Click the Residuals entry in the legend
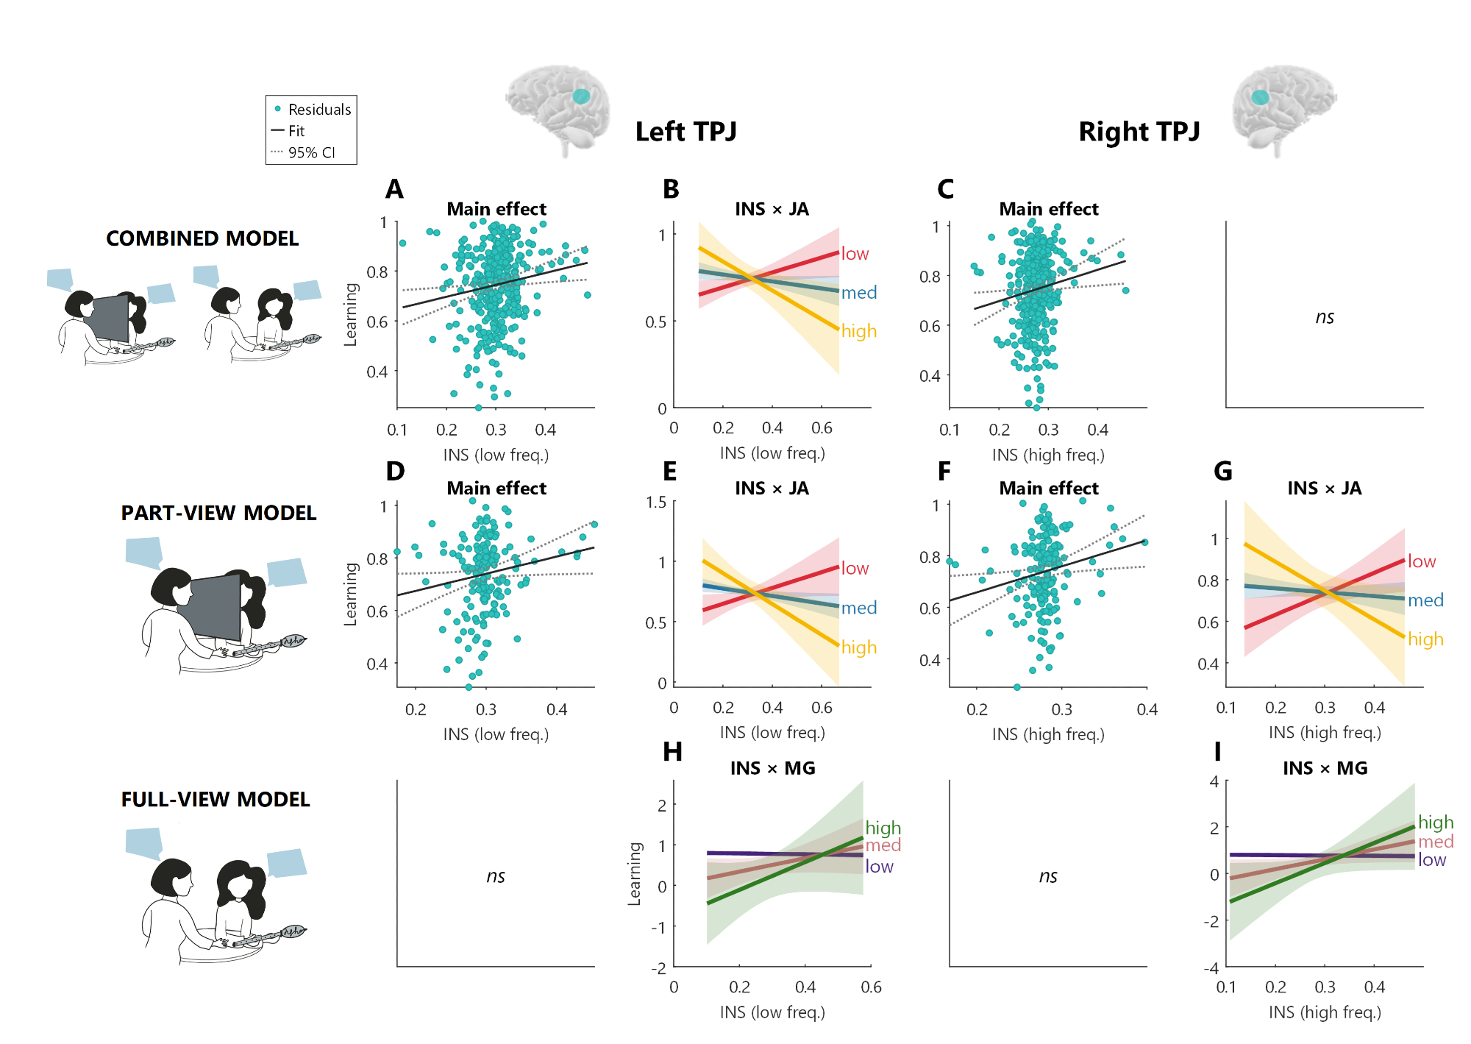pyautogui.click(x=318, y=110)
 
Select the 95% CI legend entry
pyautogui.click(x=310, y=153)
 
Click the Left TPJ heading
pyautogui.click(x=685, y=132)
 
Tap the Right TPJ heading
pyautogui.click(x=1139, y=132)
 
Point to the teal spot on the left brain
pyautogui.click(x=581, y=96)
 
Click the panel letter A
pyautogui.click(x=394, y=190)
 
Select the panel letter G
pyautogui.click(x=1222, y=472)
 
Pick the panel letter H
pyautogui.click(x=672, y=752)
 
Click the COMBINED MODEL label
pyautogui.click(x=202, y=238)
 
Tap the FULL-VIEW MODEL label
pyautogui.click(x=216, y=800)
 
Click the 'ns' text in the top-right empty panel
pyautogui.click(x=1324, y=317)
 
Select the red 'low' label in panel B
pyautogui.click(x=855, y=254)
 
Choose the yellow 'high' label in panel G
pyautogui.click(x=1425, y=639)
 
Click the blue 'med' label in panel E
pyautogui.click(x=858, y=608)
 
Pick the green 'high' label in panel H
pyautogui.click(x=883, y=828)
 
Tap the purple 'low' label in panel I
pyautogui.click(x=1431, y=860)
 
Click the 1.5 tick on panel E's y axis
pyautogui.click(x=656, y=503)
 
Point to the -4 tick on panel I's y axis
pyautogui.click(x=1211, y=967)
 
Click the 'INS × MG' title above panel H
pyautogui.click(x=772, y=768)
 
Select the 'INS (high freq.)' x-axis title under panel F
pyautogui.click(x=1048, y=734)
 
